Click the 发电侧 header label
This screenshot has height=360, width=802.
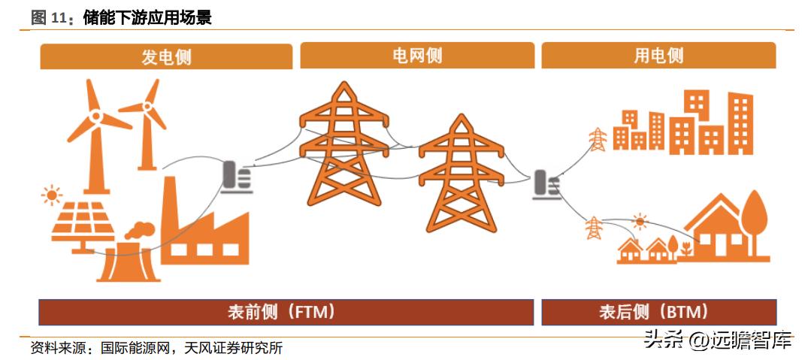click(x=166, y=57)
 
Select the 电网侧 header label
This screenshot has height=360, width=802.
click(x=417, y=56)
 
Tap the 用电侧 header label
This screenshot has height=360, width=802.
click(x=658, y=56)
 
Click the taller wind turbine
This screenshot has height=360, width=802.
click(x=95, y=128)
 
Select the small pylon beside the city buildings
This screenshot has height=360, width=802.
click(x=597, y=140)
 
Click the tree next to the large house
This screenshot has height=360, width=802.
click(x=753, y=218)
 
